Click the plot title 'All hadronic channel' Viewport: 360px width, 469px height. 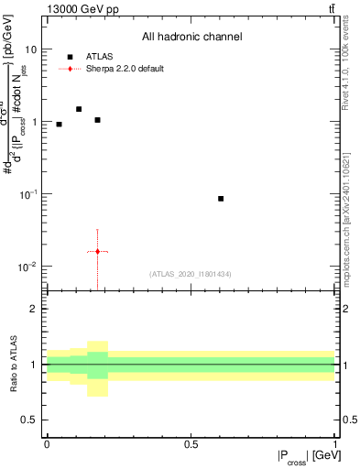191,38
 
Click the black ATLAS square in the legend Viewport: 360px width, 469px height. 70,56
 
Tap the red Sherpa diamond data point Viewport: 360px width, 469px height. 97,251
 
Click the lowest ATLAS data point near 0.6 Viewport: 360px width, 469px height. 221,199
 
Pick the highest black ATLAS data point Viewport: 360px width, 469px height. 79,109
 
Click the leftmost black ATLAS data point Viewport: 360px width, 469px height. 59,125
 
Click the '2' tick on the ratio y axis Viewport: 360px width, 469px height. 35,310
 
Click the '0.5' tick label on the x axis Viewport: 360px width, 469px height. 191,444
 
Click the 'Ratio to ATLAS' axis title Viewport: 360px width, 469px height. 13,364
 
